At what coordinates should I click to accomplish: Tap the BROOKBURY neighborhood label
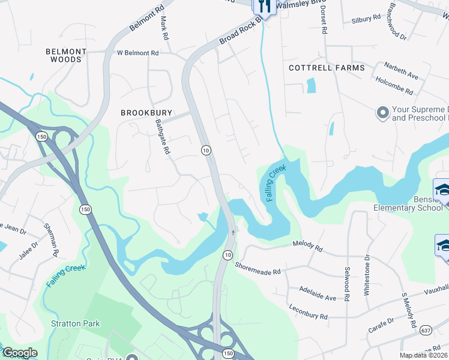(146, 113)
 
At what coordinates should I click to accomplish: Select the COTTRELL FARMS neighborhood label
(327, 68)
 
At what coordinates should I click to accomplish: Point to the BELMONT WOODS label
(66, 56)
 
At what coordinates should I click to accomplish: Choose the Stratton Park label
(76, 323)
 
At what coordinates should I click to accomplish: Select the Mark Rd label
(163, 28)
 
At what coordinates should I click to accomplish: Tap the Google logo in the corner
(20, 353)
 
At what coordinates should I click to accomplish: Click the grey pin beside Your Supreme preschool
(381, 113)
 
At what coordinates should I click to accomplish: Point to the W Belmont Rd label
(137, 53)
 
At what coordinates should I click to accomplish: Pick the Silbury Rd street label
(366, 19)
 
